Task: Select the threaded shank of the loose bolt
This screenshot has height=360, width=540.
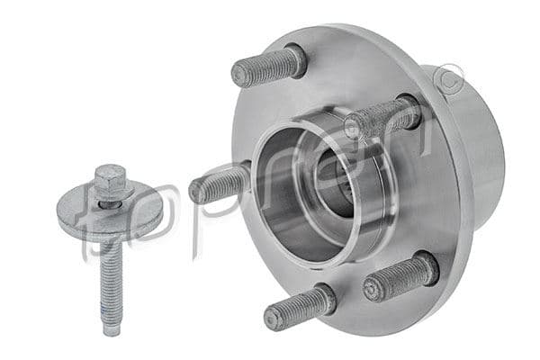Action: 110,274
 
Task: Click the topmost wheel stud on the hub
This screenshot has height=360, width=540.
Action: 268,66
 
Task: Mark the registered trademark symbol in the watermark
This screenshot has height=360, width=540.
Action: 447,84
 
